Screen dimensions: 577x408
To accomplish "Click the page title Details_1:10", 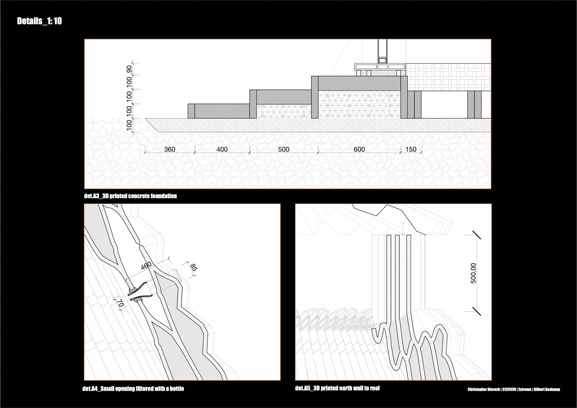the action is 39,21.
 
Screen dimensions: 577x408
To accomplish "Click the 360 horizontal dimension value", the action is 169,149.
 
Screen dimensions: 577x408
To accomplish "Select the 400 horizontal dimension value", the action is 222,149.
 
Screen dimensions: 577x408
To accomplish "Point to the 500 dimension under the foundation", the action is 283,149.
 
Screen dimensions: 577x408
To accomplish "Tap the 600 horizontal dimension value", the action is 359,149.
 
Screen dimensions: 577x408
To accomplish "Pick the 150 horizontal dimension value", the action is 411,149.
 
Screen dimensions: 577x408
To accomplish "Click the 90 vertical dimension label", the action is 129,69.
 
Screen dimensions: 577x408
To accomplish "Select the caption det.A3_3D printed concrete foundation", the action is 130,196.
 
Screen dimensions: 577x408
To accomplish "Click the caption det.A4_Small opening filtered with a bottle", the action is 133,388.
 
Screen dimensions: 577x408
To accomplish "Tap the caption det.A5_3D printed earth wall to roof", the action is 337,388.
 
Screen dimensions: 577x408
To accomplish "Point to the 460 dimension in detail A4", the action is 146,266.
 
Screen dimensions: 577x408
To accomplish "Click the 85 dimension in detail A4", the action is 193,267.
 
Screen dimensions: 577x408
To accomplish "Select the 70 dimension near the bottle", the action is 120,303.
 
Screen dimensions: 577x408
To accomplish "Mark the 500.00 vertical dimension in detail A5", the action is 473,273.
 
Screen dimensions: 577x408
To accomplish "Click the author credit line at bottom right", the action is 514,389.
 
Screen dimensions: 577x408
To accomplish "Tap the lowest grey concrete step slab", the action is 222,111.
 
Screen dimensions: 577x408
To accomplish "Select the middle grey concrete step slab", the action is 283,97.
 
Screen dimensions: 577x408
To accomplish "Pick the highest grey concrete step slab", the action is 359,83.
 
